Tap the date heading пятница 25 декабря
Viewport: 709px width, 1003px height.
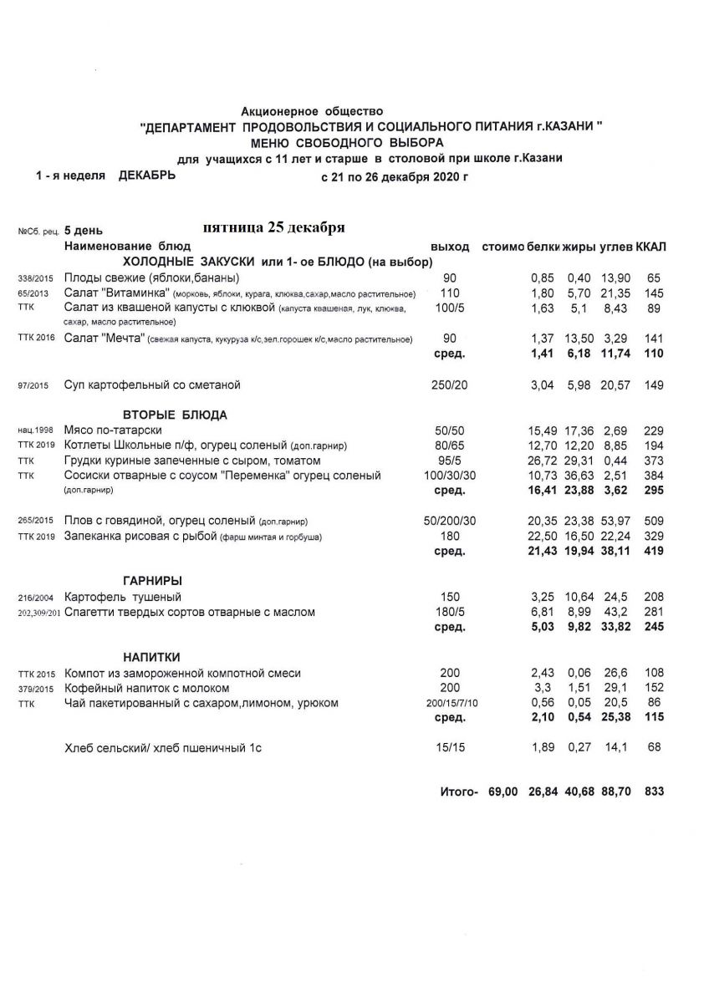274,228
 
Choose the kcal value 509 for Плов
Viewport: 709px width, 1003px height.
653,520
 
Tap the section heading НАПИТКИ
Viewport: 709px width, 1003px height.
150,656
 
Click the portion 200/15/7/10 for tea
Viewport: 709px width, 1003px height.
450,704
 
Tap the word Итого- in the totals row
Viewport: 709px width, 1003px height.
458,790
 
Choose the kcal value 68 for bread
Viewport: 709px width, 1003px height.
655,747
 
